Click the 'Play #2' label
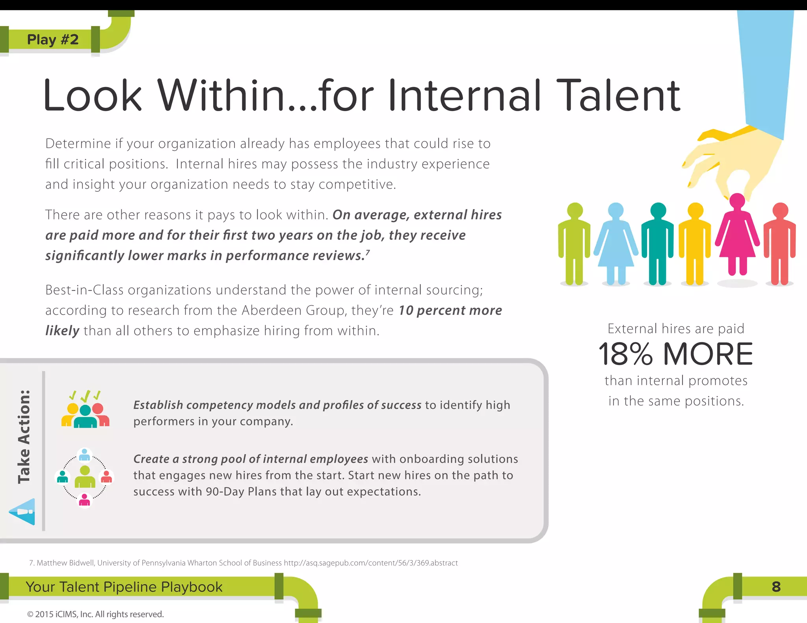pos(53,39)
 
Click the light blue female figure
pos(616,242)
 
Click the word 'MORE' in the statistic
pos(708,354)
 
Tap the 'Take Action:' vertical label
pos(24,437)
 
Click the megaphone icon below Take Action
pos(23,512)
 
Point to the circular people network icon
pos(84,477)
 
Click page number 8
pos(776,587)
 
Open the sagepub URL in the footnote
pos(371,563)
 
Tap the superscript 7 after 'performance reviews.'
pos(368,252)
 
